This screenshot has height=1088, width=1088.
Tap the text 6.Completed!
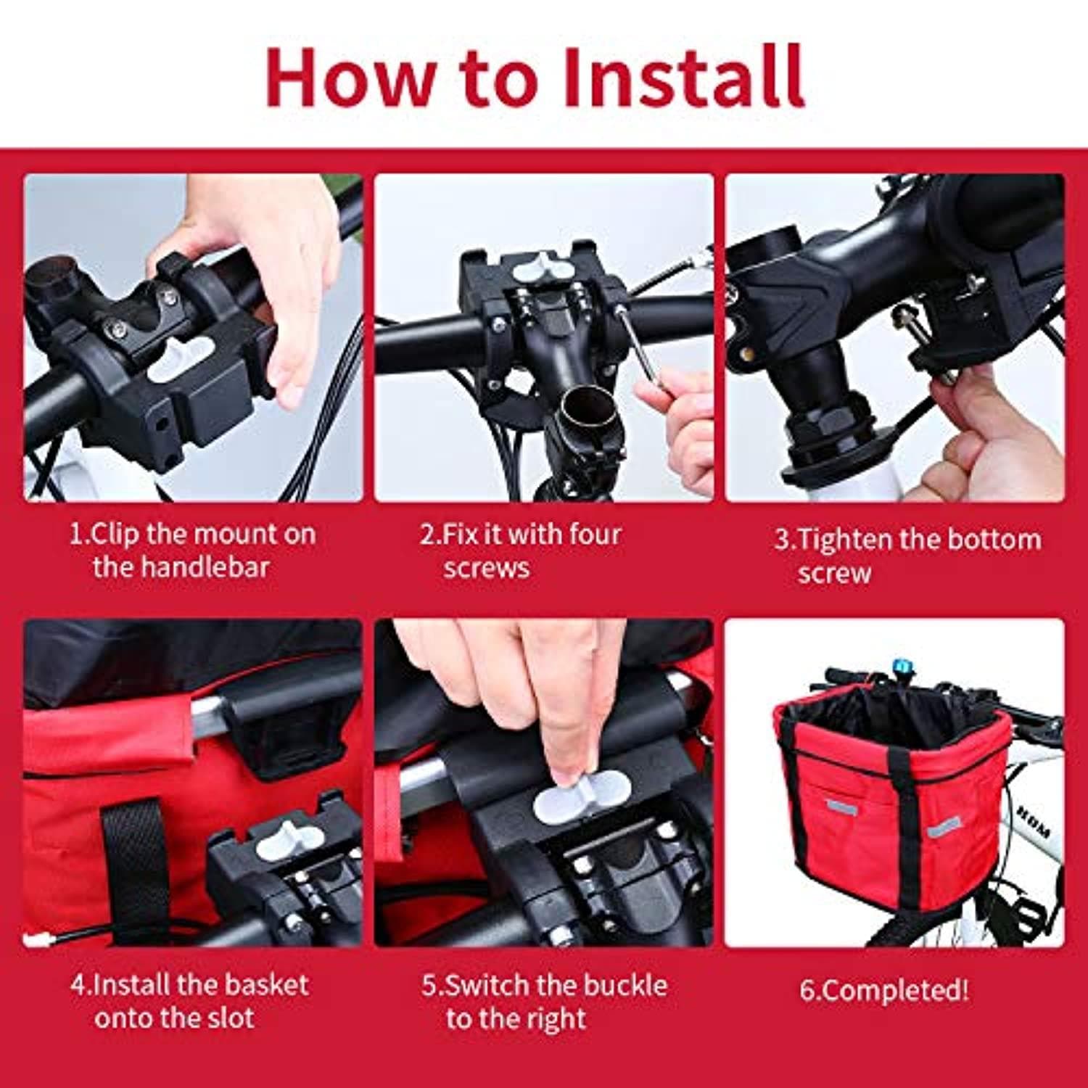(x=884, y=991)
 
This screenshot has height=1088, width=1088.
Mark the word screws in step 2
(x=486, y=569)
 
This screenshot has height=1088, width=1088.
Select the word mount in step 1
(x=225, y=535)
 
